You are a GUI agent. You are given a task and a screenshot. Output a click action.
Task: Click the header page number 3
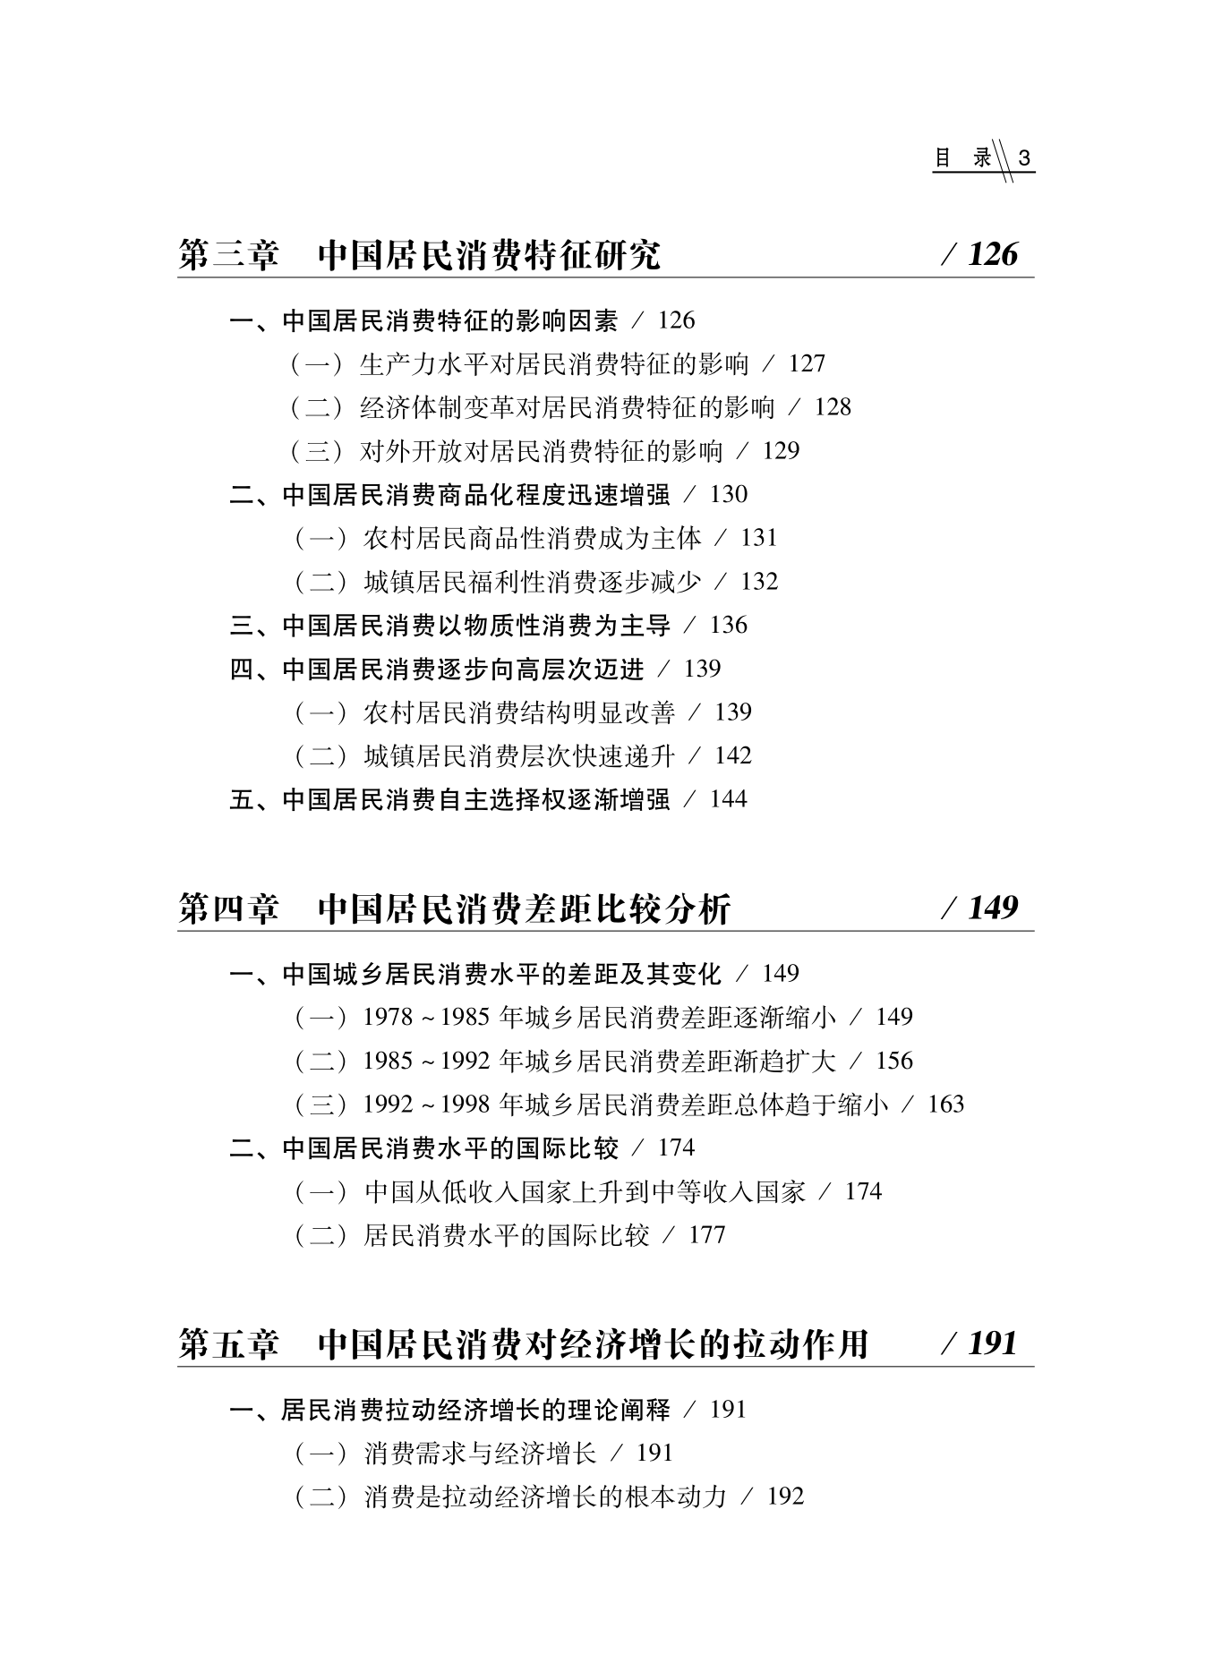1025,159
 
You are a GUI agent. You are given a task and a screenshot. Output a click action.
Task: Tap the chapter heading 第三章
228,256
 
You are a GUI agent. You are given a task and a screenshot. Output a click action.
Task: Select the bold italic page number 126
993,255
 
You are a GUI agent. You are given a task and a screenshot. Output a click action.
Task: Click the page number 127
807,364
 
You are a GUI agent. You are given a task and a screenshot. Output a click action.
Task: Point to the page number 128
833,408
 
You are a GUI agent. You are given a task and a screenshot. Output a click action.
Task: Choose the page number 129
781,451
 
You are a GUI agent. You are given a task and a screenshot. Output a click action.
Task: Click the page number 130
728,495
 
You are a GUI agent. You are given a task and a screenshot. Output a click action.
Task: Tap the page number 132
759,582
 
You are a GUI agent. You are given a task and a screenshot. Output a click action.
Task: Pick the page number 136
728,626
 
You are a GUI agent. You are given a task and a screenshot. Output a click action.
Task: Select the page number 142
732,756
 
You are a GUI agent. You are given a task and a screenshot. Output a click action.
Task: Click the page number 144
728,799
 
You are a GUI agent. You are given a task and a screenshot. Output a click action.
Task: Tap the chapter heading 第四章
228,909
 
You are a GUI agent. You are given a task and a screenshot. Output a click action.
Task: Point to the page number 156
893,1062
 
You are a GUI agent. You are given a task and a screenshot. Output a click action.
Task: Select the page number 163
945,1104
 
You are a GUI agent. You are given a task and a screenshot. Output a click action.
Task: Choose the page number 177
706,1235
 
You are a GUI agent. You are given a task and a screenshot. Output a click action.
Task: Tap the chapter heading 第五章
228,1344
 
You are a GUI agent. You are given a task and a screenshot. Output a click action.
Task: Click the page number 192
785,1497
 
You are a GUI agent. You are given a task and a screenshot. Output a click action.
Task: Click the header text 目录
963,159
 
